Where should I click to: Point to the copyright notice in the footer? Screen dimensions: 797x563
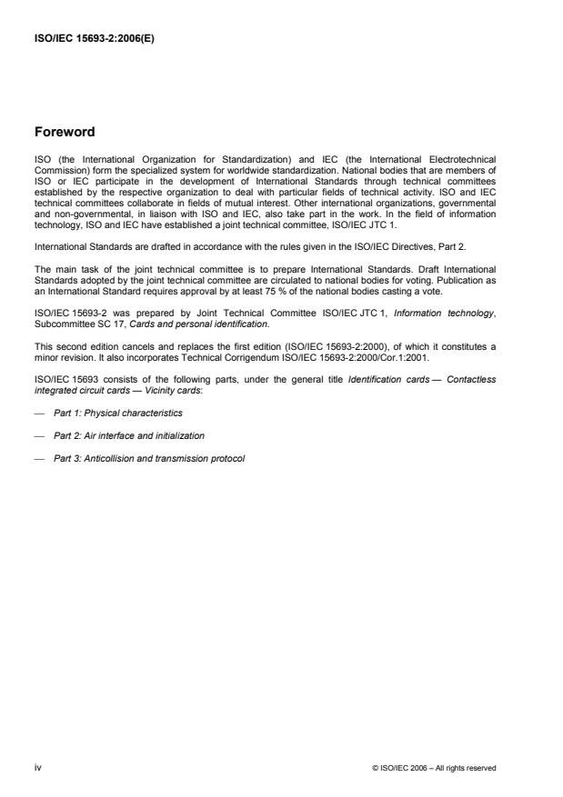(435, 768)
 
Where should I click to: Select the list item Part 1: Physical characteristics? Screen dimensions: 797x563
(117, 413)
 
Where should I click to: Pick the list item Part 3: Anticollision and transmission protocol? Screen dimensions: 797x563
(149, 458)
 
